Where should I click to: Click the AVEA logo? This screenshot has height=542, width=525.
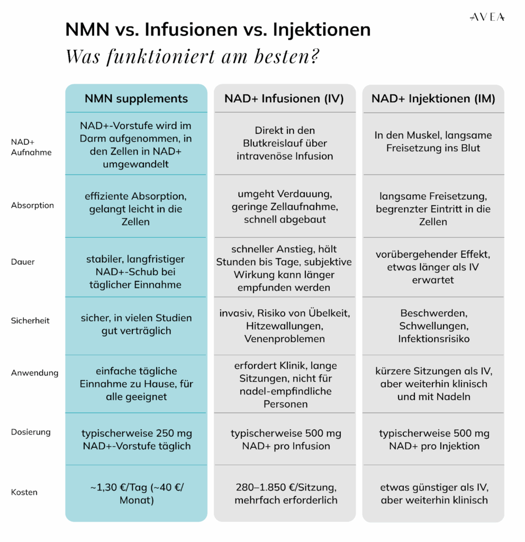point(487,17)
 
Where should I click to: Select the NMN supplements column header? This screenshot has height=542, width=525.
point(136,98)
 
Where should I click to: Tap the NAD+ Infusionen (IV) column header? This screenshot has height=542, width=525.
point(284,98)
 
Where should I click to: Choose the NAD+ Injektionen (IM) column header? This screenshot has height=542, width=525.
point(433,98)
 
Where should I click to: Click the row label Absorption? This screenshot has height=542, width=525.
point(32,205)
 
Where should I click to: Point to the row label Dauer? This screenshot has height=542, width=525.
point(22,261)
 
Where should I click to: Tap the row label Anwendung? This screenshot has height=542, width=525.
point(34,373)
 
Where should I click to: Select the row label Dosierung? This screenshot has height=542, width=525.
point(31,432)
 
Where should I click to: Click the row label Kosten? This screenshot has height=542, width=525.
point(24,492)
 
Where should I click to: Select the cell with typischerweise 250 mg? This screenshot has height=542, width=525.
point(136,439)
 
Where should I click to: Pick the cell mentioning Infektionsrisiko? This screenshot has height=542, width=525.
point(433,326)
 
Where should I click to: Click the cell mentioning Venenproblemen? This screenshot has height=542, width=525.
point(285,326)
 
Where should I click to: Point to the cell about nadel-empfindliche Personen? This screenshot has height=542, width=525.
point(285,385)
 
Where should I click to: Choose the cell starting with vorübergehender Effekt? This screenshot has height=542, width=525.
point(433,267)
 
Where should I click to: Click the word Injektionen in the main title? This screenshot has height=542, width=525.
point(321,30)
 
